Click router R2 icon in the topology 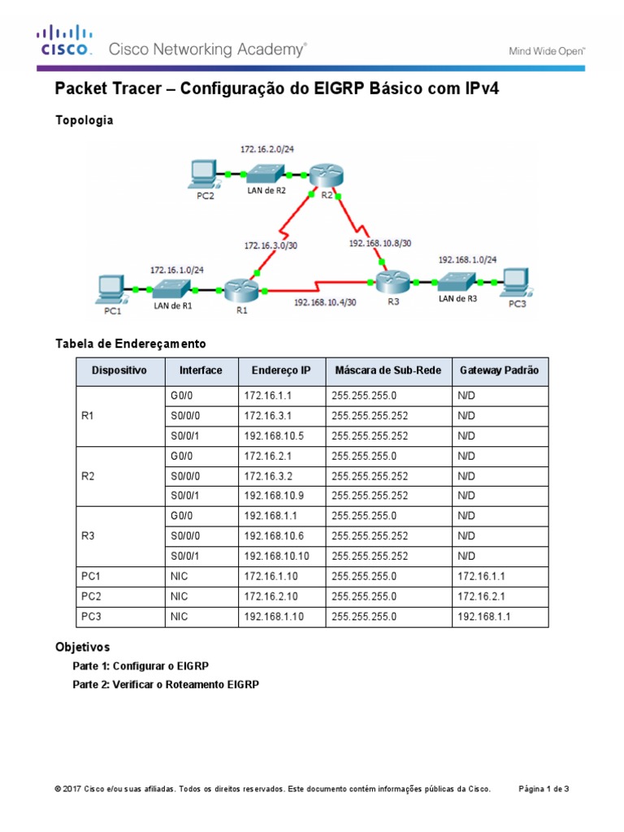pos(325,175)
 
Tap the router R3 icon pos(392,282)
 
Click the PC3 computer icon pos(516,282)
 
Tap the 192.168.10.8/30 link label pos(380,242)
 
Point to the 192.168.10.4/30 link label pos(324,301)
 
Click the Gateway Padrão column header pos(499,370)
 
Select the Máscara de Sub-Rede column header pos(388,370)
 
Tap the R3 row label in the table pos(89,536)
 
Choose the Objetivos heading pos(82,648)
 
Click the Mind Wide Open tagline pos(547,50)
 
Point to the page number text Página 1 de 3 pos(544,788)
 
